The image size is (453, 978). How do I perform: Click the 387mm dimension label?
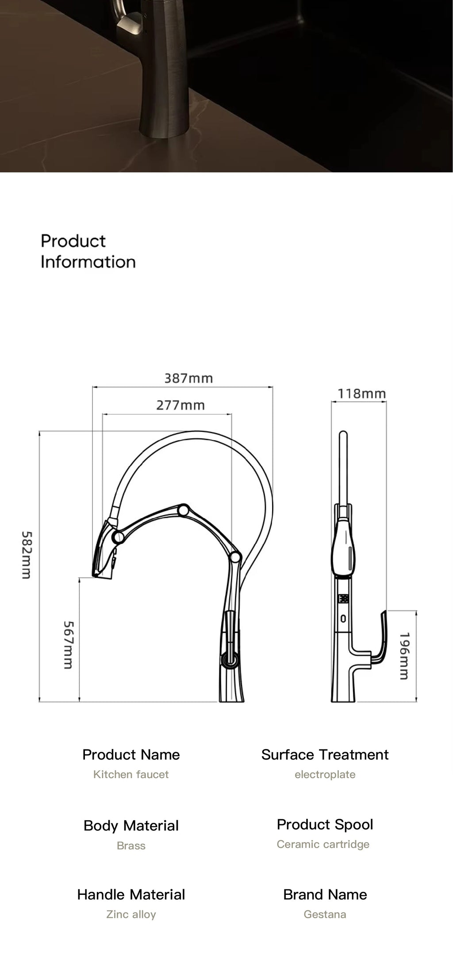click(188, 378)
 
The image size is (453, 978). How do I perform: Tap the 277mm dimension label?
click(180, 405)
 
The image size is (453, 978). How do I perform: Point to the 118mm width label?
click(361, 393)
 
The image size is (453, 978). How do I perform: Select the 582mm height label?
click(26, 555)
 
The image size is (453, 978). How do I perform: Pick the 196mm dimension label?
click(404, 656)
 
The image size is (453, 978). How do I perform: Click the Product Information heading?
click(88, 251)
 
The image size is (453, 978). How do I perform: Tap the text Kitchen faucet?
click(131, 775)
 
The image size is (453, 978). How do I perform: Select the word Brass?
click(131, 845)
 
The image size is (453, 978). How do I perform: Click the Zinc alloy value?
click(131, 914)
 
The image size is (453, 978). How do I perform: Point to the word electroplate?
click(325, 775)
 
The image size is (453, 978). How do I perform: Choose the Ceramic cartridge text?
click(323, 844)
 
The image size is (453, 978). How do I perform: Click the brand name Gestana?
click(325, 914)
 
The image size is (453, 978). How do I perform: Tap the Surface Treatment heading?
click(325, 755)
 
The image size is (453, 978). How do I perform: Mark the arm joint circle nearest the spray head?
click(118, 538)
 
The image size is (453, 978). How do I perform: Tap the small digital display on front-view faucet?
click(343, 599)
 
